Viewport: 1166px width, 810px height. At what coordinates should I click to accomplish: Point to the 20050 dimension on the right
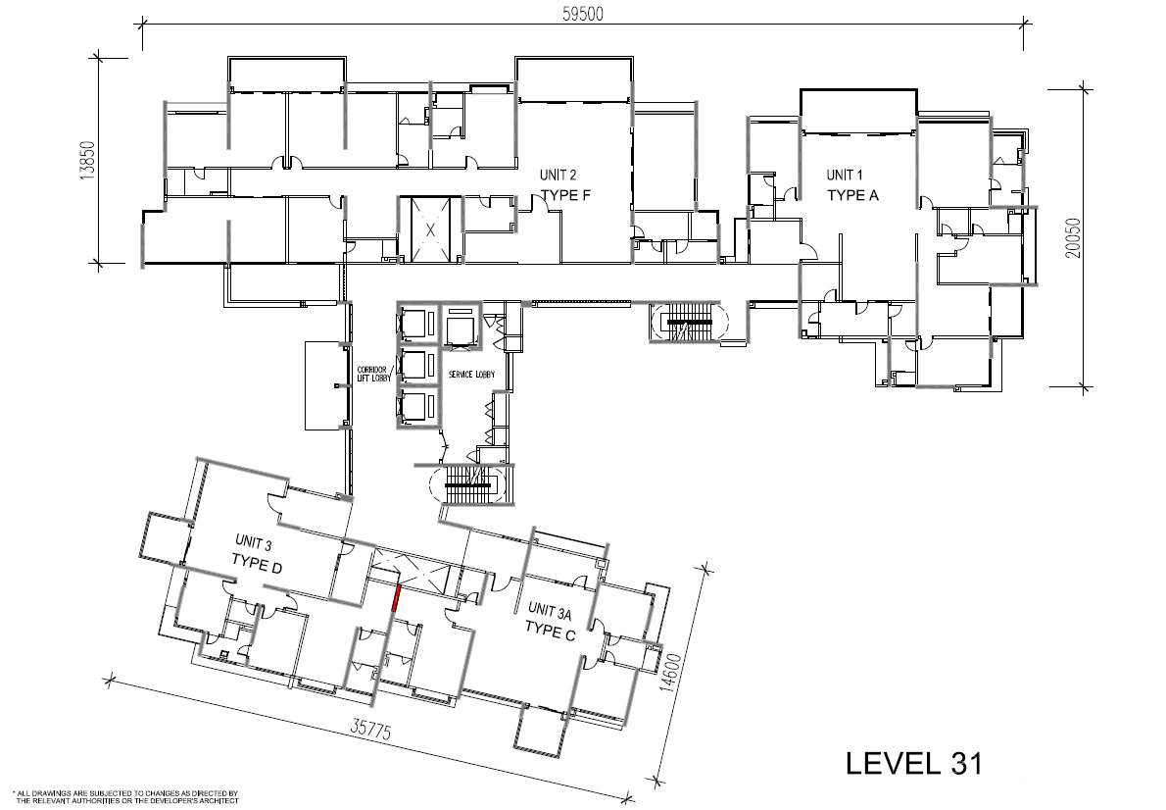click(x=1074, y=236)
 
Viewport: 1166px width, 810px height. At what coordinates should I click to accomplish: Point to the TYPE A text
click(x=852, y=195)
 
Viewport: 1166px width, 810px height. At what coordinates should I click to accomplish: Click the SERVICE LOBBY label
click(x=471, y=376)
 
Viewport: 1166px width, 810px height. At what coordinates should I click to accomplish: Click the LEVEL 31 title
click(x=912, y=762)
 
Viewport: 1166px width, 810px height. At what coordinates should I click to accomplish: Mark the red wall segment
click(x=396, y=598)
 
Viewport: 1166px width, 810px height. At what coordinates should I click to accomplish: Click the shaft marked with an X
click(x=429, y=229)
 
